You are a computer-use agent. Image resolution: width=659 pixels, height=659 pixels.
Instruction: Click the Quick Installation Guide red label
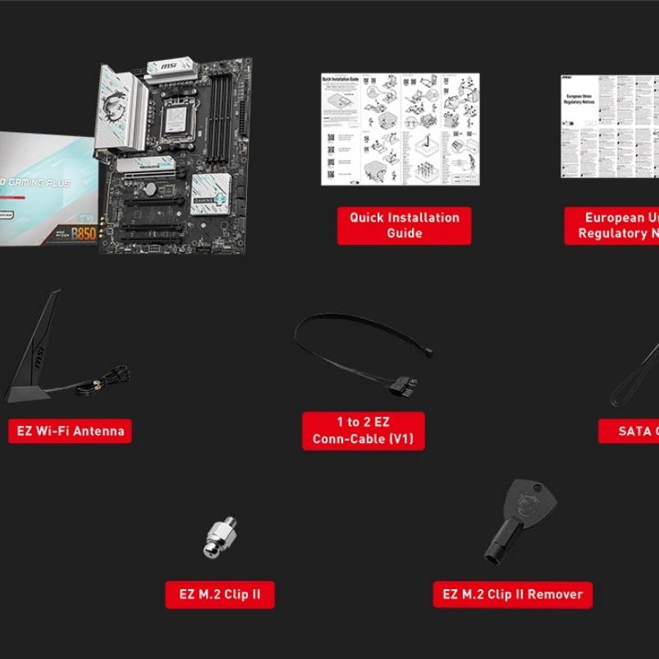404,225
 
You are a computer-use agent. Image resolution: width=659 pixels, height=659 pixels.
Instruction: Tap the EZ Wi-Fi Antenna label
70,431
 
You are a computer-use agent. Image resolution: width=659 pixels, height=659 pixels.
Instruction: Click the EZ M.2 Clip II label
219,594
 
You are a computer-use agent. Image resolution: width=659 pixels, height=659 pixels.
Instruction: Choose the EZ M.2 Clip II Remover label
512,594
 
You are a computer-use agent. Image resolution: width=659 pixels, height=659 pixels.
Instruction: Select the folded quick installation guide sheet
400,129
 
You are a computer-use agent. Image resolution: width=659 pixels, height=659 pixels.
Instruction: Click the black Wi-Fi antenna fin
36,345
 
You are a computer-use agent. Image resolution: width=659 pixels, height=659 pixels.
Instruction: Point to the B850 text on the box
84,233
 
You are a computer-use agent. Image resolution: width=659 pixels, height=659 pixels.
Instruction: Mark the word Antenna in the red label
100,431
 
